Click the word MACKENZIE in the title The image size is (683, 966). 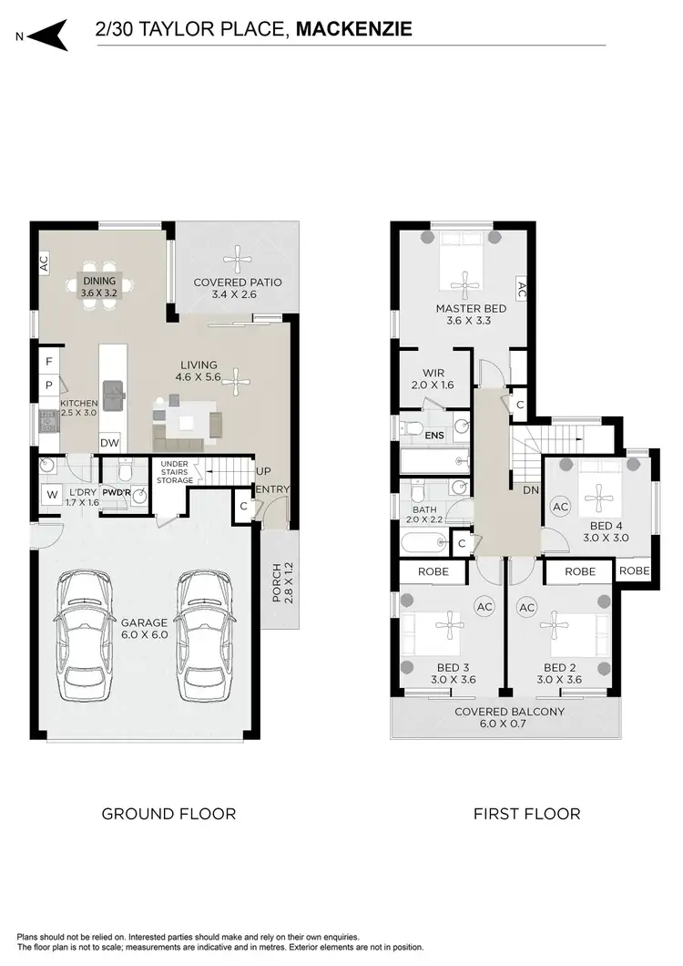click(x=354, y=29)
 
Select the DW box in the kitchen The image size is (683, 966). click(x=108, y=442)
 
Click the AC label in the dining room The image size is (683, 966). click(x=42, y=263)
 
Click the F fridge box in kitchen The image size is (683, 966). click(x=47, y=362)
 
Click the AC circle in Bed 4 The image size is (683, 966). click(x=561, y=506)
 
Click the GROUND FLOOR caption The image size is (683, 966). click(x=168, y=814)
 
